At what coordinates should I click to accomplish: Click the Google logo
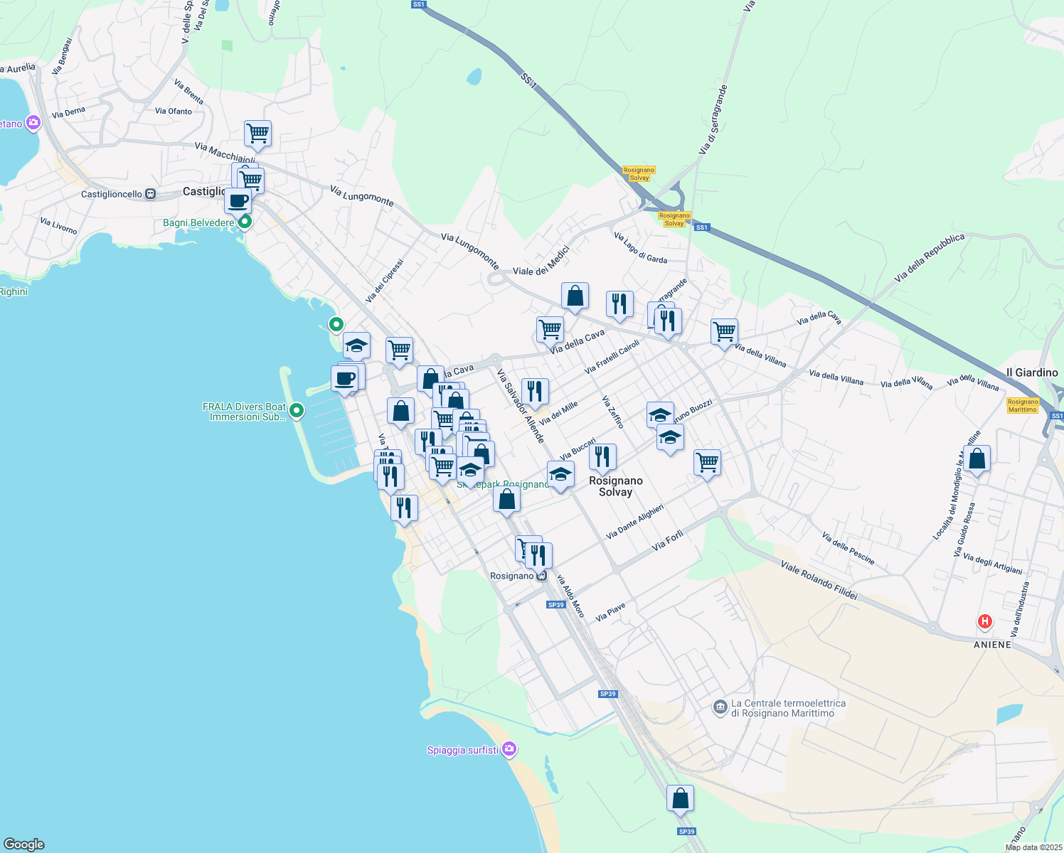[24, 844]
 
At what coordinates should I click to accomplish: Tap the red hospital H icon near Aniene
[985, 622]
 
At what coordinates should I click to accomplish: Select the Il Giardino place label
[1032, 372]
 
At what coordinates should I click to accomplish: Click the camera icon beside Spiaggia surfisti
[509, 749]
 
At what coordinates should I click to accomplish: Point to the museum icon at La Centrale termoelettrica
[720, 707]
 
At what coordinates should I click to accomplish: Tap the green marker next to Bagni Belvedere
[245, 222]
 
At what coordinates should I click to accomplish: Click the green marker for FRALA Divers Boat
[297, 411]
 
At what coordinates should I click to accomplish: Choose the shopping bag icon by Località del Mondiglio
[977, 459]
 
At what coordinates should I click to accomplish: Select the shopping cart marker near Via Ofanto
[257, 133]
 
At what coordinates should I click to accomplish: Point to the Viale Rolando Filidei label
[819, 580]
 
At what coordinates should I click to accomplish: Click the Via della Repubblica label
[930, 257]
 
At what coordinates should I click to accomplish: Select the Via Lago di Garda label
[640, 247]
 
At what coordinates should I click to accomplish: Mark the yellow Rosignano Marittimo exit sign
[1023, 405]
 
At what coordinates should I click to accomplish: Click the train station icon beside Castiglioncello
[150, 194]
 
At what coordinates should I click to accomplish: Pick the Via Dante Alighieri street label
[634, 521]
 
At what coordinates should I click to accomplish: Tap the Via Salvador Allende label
[521, 406]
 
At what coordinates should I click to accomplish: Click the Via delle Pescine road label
[848, 548]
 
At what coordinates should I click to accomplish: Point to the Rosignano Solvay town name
[616, 486]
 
